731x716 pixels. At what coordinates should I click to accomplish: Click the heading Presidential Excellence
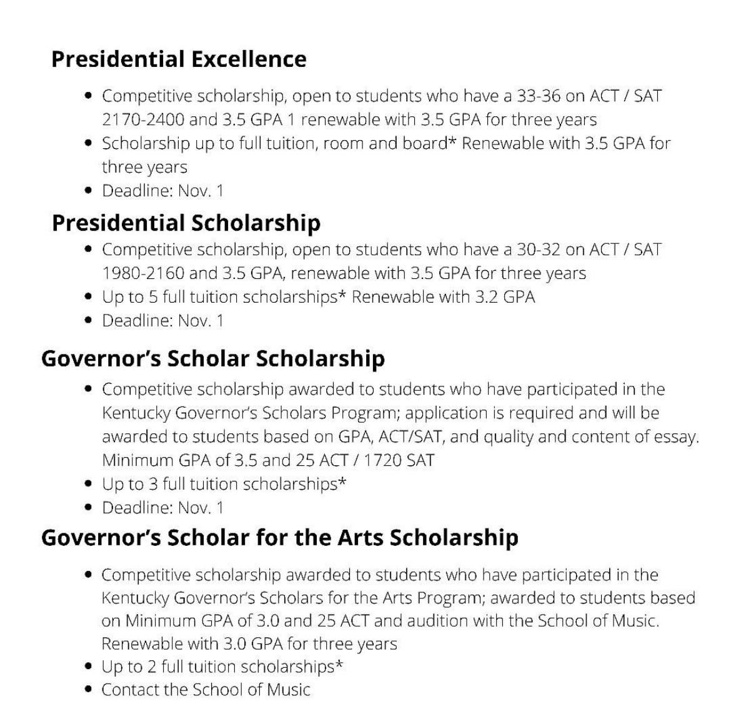click(x=179, y=59)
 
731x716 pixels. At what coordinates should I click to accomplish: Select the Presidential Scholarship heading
click(x=186, y=223)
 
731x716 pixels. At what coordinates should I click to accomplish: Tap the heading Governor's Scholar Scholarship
click(x=212, y=359)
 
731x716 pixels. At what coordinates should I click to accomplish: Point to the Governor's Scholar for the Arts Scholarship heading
click(x=279, y=538)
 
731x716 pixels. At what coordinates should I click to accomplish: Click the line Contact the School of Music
click(x=206, y=690)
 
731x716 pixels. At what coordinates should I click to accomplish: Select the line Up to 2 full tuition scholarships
click(x=222, y=667)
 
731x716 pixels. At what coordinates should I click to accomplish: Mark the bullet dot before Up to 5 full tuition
click(x=89, y=298)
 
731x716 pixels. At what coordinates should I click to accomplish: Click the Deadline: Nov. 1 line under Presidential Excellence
click(x=162, y=191)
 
